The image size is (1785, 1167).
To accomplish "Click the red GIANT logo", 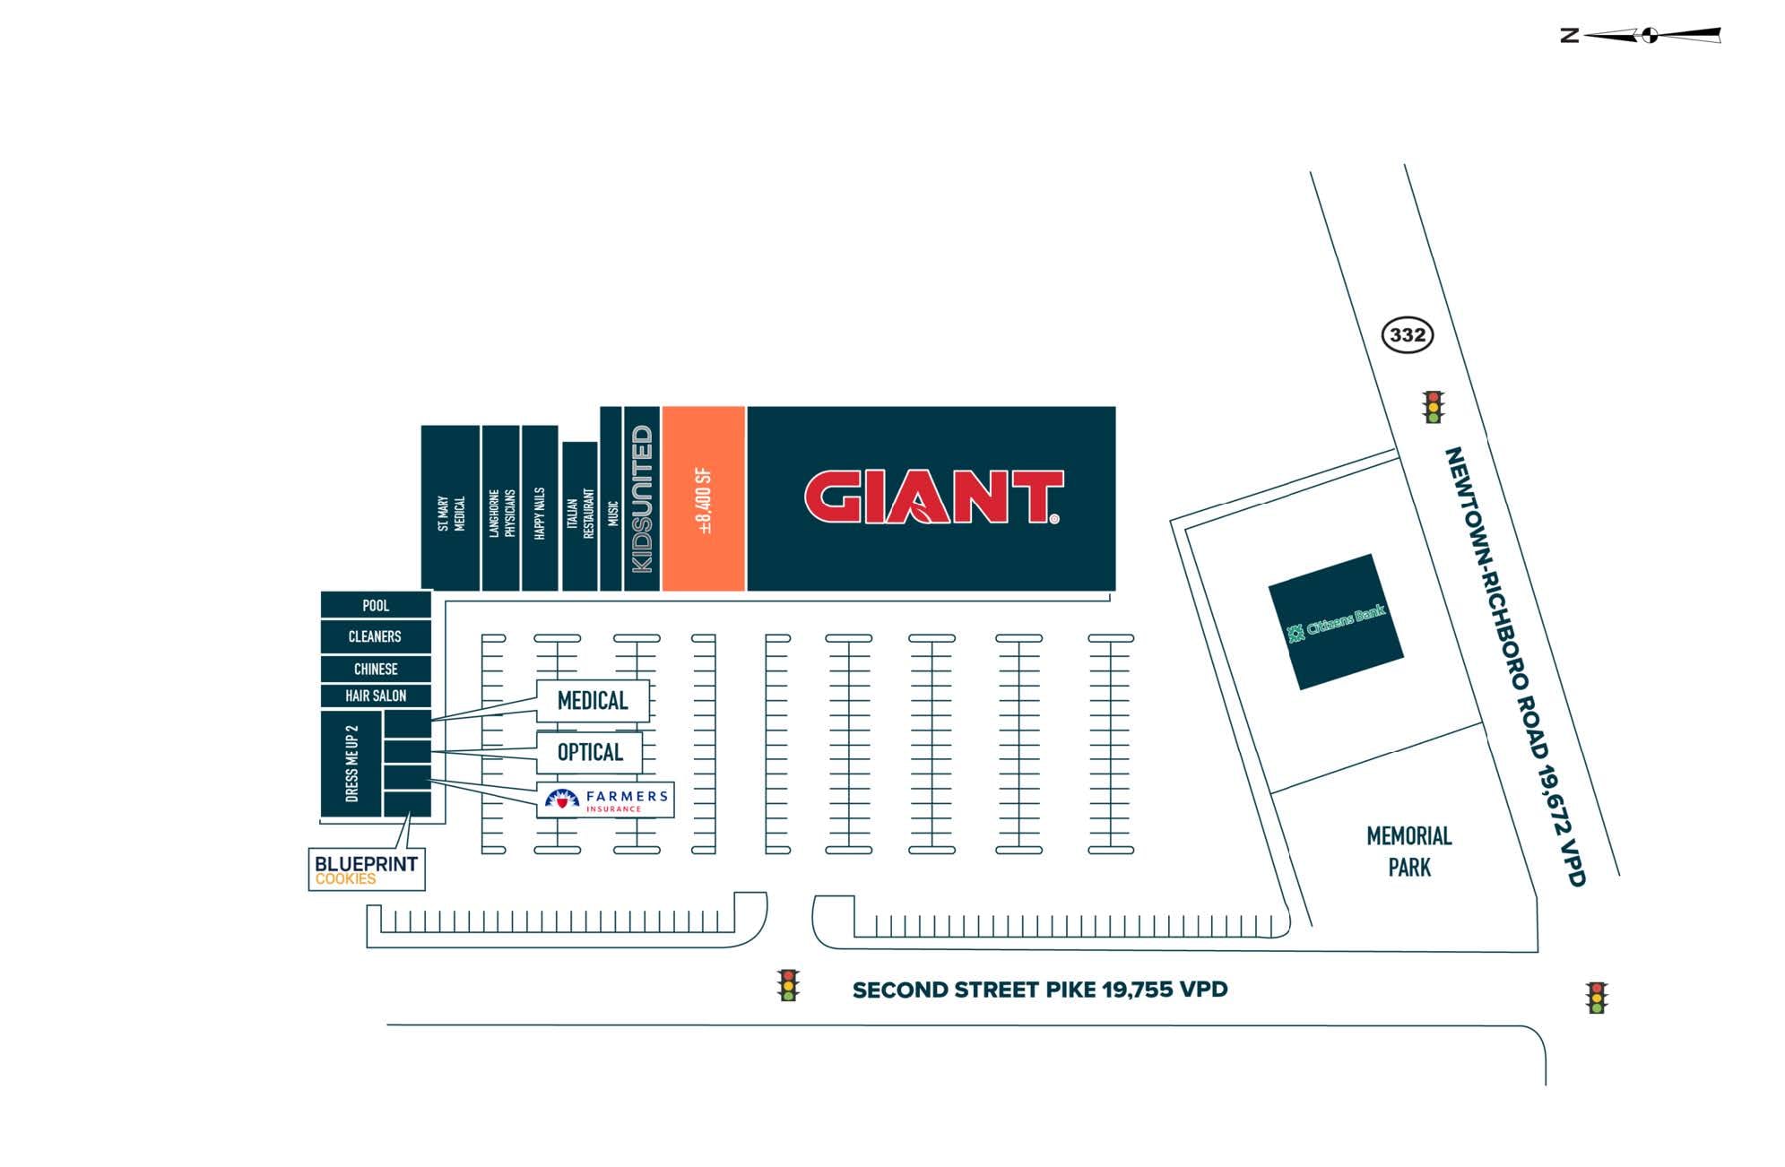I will (x=932, y=497).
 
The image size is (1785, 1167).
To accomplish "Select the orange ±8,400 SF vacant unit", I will (x=704, y=499).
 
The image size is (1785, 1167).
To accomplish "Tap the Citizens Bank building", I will (x=1335, y=622).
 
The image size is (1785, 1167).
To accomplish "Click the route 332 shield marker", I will (x=1407, y=335).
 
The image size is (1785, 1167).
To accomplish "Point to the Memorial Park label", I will (x=1408, y=851).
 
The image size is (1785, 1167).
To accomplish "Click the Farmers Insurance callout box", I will (x=606, y=800).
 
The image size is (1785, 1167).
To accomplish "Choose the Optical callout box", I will (x=589, y=752).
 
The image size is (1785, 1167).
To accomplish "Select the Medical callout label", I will (x=592, y=701).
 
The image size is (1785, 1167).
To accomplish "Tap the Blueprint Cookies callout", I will (x=366, y=869).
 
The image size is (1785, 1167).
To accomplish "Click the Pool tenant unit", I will (x=376, y=605).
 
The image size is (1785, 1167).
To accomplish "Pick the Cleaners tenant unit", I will (x=376, y=636).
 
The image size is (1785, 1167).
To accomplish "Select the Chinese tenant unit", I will (x=376, y=669).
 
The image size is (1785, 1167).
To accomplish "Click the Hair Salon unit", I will (x=376, y=696).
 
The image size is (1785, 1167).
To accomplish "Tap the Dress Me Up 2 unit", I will (x=351, y=764).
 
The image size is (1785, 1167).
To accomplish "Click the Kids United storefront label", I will (x=642, y=499).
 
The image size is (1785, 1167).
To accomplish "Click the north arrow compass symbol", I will (x=1649, y=35).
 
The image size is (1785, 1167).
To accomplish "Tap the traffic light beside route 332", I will (x=1433, y=407).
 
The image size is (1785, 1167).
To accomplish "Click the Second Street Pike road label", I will (x=1039, y=990).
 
